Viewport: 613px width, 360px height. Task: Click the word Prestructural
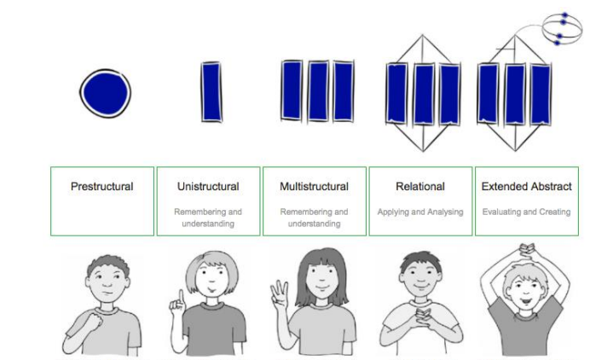click(102, 186)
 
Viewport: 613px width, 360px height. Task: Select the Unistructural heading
click(208, 186)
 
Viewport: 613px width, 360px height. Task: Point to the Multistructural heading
click(314, 186)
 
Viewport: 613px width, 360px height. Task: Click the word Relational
click(420, 186)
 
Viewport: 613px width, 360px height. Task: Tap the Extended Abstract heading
click(526, 186)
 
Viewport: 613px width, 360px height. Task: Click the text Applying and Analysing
click(420, 211)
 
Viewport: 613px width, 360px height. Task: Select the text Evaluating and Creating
click(526, 211)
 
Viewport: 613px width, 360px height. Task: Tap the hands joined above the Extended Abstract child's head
click(526, 249)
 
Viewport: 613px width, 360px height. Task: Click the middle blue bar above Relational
click(424, 94)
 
